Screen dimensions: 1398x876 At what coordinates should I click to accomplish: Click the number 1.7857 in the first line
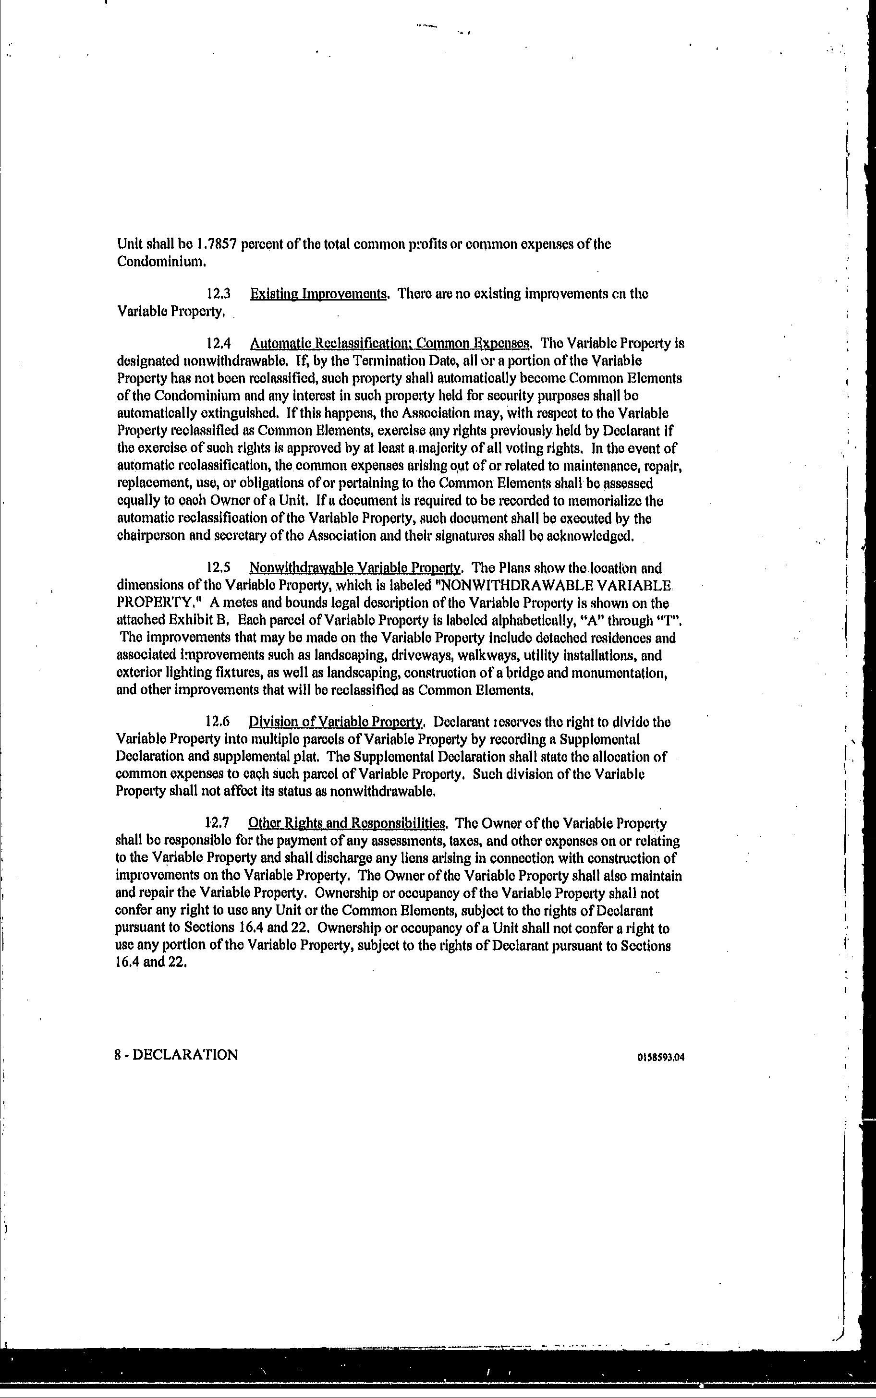click(217, 244)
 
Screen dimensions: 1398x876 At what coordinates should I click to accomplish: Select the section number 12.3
click(219, 294)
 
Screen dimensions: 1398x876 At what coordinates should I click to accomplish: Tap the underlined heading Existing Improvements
click(318, 294)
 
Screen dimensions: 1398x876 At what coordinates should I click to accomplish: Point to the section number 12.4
click(219, 343)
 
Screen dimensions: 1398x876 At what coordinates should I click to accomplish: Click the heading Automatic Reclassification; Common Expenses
click(390, 343)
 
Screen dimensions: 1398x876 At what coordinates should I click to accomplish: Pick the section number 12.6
click(218, 722)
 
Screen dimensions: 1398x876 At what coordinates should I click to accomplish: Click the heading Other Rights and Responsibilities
click(346, 823)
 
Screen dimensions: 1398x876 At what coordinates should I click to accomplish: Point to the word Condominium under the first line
click(161, 262)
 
